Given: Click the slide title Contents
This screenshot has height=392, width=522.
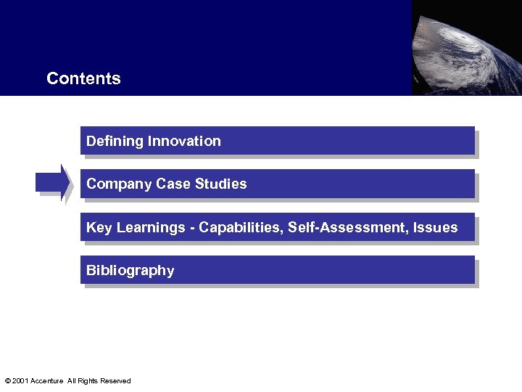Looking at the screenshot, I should click(x=83, y=78).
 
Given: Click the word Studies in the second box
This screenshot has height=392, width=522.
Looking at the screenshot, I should click(x=220, y=184).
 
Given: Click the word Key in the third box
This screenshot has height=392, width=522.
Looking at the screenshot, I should click(x=99, y=227).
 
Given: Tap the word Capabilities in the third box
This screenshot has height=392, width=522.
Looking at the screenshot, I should click(x=241, y=228).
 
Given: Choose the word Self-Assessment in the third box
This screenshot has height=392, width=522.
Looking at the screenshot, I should click(x=348, y=227).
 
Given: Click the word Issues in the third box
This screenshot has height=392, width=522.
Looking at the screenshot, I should click(x=436, y=227).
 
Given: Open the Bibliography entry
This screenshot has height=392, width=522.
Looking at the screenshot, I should click(x=130, y=271).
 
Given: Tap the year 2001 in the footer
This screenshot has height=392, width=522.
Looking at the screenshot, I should click(x=20, y=381).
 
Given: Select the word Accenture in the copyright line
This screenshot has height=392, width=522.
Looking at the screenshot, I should click(x=47, y=381).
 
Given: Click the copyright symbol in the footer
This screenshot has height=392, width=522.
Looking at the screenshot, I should click(x=7, y=381).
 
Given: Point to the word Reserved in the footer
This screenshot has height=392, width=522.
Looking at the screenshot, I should click(x=116, y=381).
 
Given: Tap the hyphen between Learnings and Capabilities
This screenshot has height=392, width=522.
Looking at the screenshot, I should click(x=192, y=228).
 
